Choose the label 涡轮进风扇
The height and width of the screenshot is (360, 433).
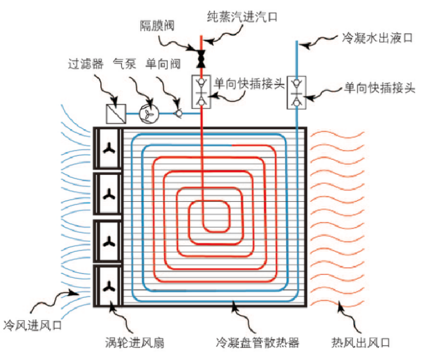click(133, 342)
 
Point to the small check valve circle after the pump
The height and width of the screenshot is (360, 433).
click(178, 113)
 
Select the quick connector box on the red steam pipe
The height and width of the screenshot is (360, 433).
click(200, 92)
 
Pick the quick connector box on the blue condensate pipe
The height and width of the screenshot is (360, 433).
click(296, 92)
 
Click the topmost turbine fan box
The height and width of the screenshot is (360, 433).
click(108, 149)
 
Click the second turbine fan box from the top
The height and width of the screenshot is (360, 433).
click(108, 195)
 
